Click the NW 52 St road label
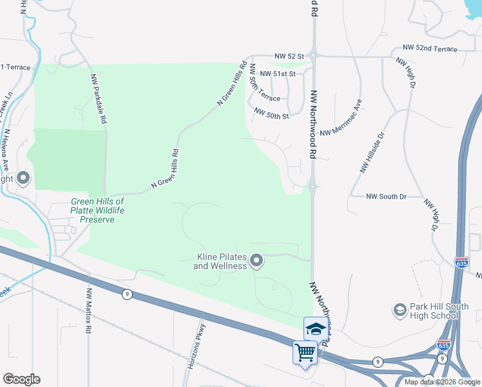point(288,57)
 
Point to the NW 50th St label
point(271,112)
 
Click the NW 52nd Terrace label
point(430,48)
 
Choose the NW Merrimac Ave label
point(342,118)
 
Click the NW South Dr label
point(387,196)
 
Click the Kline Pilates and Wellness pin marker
point(256,261)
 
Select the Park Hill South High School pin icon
point(400,310)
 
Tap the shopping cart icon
point(305,353)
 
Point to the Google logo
point(21,379)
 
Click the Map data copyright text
point(442,382)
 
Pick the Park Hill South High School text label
point(435,311)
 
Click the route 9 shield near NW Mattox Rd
point(128,294)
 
